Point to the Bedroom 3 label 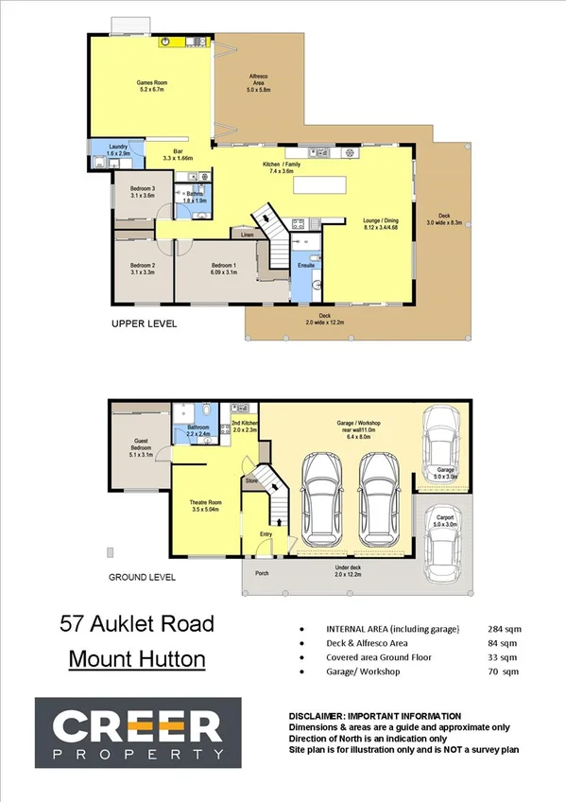pyautogui.click(x=142, y=191)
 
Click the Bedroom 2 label pyautogui.click(x=142, y=268)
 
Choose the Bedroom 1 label pyautogui.click(x=223, y=268)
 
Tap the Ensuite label pyautogui.click(x=306, y=266)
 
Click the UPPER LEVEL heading pyautogui.click(x=144, y=323)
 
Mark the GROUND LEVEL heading pyautogui.click(x=142, y=576)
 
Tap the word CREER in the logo pyautogui.click(x=137, y=728)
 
